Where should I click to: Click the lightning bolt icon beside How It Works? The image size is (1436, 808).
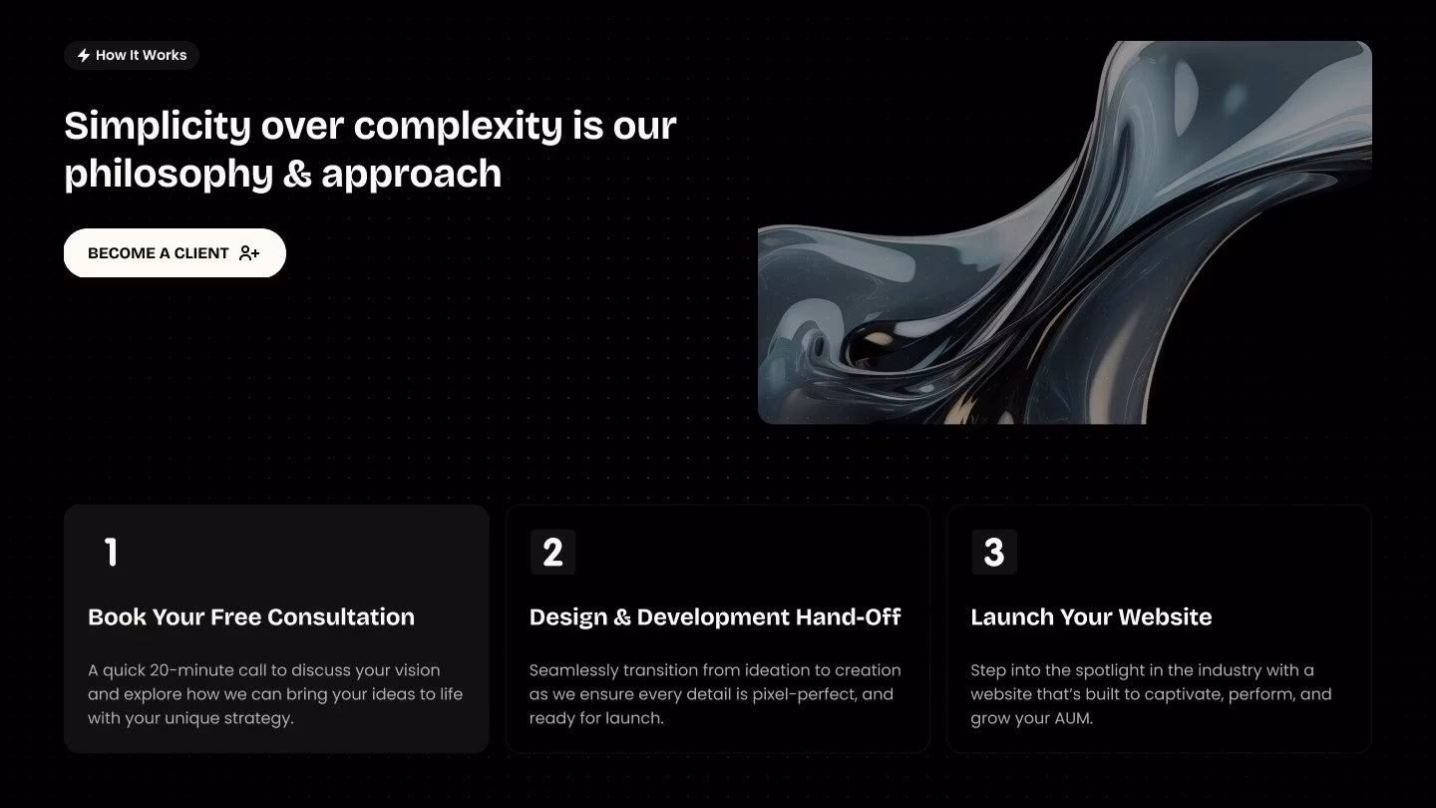pyautogui.click(x=84, y=55)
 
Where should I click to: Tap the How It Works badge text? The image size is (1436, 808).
pyautogui.click(x=141, y=55)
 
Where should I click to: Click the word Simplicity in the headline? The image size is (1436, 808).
pyautogui.click(x=158, y=127)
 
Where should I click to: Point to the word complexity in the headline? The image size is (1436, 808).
pyautogui.click(x=459, y=127)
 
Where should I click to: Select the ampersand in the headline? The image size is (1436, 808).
pyautogui.click(x=297, y=174)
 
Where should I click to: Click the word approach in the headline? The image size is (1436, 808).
pyautogui.click(x=412, y=175)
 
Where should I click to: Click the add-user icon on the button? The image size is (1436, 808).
pyautogui.click(x=248, y=253)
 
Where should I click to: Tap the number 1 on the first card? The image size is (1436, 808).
pyautogui.click(x=111, y=553)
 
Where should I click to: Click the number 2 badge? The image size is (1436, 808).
pyautogui.click(x=552, y=553)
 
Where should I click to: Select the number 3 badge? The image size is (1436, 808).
pyautogui.click(x=994, y=553)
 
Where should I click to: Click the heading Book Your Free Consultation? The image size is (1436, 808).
pyautogui.click(x=251, y=616)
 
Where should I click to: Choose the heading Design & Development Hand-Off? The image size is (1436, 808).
pyautogui.click(x=715, y=616)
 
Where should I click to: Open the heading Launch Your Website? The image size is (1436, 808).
pyautogui.click(x=1091, y=616)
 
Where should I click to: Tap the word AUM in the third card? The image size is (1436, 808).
pyautogui.click(x=1073, y=718)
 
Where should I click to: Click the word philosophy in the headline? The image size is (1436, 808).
pyautogui.click(x=169, y=175)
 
